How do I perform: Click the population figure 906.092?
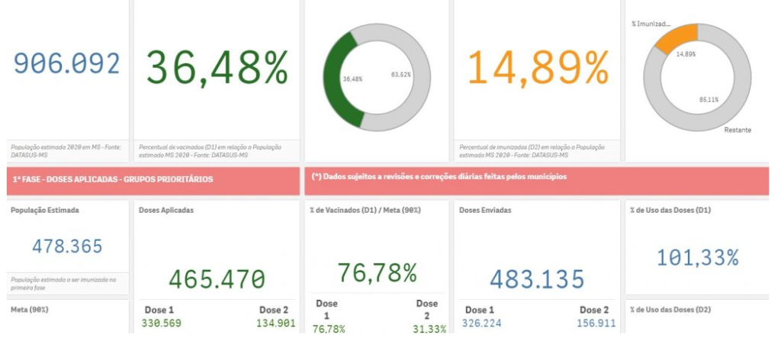coord(67,63)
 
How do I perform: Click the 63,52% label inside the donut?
coord(400,74)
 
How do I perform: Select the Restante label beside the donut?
coord(738,130)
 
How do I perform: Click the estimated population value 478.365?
coord(67,246)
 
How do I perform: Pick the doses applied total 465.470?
coord(217,279)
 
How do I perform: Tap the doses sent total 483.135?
coord(537,279)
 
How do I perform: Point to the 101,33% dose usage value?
coord(697,258)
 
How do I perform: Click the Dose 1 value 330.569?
coord(162,323)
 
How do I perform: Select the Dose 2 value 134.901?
coord(275,323)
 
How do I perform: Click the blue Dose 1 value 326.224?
coord(482,323)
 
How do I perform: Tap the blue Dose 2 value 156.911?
coord(595,323)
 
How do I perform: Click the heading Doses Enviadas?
coord(485,210)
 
